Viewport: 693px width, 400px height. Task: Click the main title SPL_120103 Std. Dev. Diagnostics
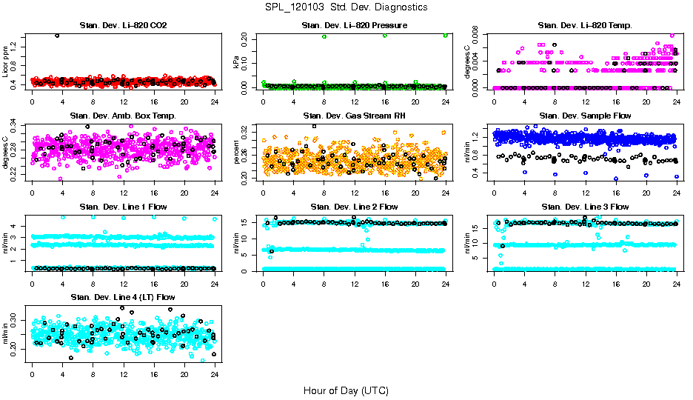click(346, 7)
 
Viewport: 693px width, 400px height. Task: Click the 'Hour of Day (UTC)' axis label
click(346, 390)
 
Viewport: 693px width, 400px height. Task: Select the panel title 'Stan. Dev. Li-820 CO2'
click(123, 26)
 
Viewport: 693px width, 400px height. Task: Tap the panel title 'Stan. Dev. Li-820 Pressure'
click(354, 26)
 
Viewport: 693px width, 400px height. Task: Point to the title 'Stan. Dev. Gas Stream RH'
click(354, 116)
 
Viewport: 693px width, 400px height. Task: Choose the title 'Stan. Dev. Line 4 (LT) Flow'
click(123, 297)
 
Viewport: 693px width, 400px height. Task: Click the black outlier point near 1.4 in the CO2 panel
click(57, 36)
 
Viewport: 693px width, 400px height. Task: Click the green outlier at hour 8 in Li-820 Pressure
click(324, 36)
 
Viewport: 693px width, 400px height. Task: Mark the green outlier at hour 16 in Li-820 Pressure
click(385, 36)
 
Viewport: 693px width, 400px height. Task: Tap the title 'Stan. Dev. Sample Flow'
click(585, 116)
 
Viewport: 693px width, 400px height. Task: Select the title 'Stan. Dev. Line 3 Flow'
click(585, 207)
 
